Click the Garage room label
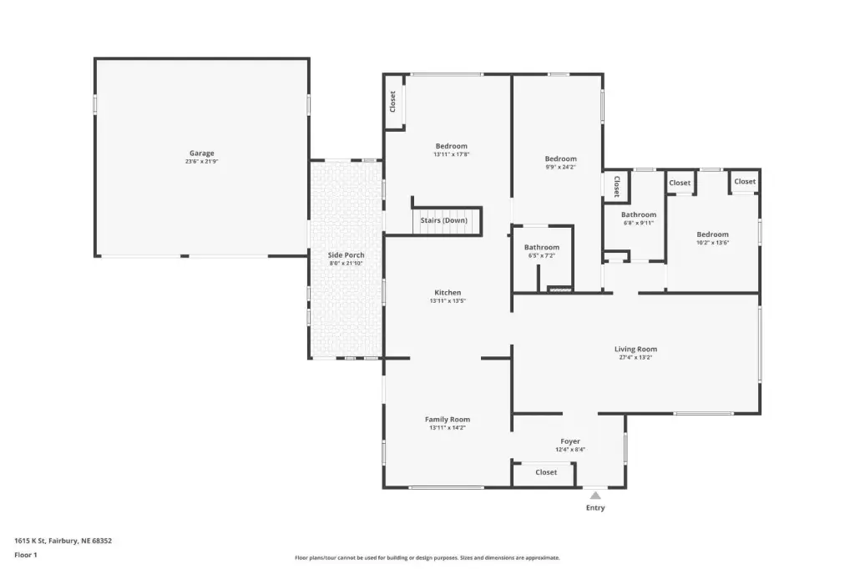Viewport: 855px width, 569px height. pyautogui.click(x=202, y=154)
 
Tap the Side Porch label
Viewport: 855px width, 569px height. pyautogui.click(x=347, y=255)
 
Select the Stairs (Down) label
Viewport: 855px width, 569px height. pyautogui.click(x=444, y=220)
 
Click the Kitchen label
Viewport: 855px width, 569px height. pyautogui.click(x=448, y=293)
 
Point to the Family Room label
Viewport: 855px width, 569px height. pyautogui.click(x=448, y=419)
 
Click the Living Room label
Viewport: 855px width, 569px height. pyautogui.click(x=635, y=349)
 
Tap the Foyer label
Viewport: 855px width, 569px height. pyautogui.click(x=570, y=441)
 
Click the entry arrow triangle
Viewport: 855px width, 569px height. pyautogui.click(x=595, y=496)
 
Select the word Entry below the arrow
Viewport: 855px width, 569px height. pyautogui.click(x=595, y=507)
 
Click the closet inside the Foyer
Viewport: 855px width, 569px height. pyautogui.click(x=546, y=472)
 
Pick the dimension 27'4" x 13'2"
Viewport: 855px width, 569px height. pyautogui.click(x=635, y=358)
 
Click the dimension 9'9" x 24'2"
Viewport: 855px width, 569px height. pyautogui.click(x=560, y=168)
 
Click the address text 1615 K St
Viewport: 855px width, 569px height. pyautogui.click(x=29, y=541)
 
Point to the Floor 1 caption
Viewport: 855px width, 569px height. pyautogui.click(x=26, y=555)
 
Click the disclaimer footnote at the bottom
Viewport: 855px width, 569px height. pyautogui.click(x=427, y=557)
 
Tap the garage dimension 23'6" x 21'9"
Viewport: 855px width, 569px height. pyautogui.click(x=202, y=161)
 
